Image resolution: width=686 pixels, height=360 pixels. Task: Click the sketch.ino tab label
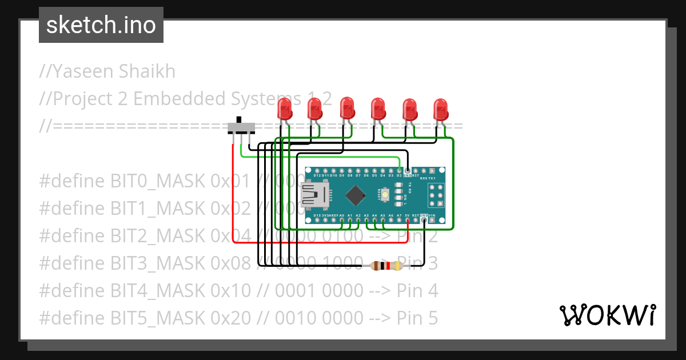[101, 25]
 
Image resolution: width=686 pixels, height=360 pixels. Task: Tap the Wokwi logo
[607, 315]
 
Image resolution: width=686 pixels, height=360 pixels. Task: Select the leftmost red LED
[284, 109]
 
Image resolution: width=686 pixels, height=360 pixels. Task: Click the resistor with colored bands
[387, 266]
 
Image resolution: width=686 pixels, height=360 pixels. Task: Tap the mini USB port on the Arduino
[315, 194]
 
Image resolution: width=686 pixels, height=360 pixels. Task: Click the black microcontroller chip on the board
[356, 195]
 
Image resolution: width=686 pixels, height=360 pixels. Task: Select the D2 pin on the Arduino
[399, 170]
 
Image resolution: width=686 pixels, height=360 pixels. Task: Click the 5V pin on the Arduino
[407, 219]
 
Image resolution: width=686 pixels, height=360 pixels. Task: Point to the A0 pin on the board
[341, 219]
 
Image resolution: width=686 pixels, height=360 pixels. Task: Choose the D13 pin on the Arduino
[317, 219]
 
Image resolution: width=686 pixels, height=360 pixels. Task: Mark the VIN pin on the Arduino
[432, 219]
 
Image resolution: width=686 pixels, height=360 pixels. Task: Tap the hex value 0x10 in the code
[230, 291]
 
